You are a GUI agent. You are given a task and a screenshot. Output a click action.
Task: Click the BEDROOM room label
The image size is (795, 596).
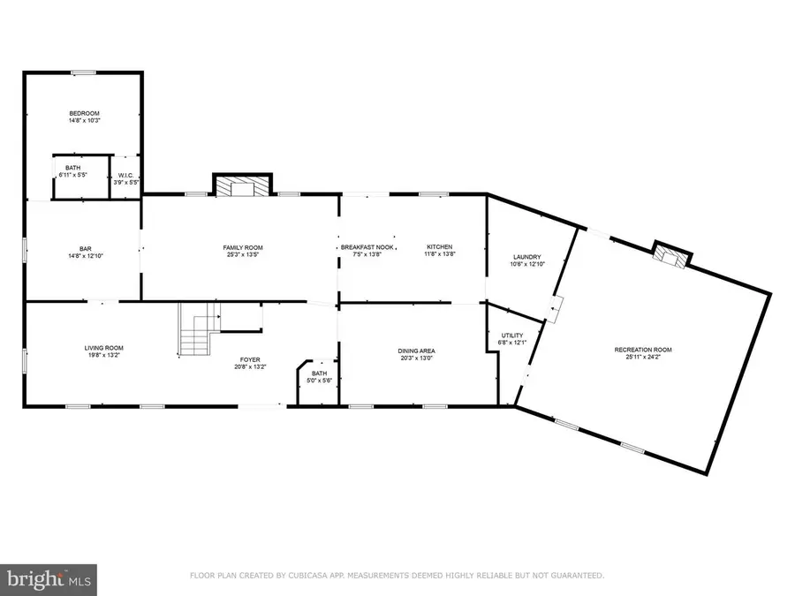[x=85, y=113]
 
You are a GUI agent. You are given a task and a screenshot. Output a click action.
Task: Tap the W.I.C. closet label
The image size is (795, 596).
[x=125, y=175]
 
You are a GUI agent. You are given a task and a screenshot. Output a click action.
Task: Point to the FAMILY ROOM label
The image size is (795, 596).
[x=242, y=247]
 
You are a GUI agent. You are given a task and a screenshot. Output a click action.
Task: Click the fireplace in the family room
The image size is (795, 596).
[x=235, y=186]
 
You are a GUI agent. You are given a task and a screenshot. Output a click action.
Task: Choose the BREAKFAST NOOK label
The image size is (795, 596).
[x=367, y=247]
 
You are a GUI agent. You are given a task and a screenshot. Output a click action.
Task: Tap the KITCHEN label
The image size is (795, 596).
[x=440, y=247]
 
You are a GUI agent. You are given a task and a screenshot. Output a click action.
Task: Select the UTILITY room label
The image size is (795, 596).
[x=512, y=336]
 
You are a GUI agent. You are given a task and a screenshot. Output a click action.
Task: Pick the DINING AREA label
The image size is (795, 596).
[x=415, y=351]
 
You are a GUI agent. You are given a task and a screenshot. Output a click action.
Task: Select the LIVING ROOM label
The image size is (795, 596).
[x=103, y=348]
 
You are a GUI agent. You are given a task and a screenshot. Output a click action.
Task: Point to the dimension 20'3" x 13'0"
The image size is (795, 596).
[x=415, y=358]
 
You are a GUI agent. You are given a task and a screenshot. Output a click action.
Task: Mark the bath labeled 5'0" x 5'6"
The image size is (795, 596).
[x=318, y=377]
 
